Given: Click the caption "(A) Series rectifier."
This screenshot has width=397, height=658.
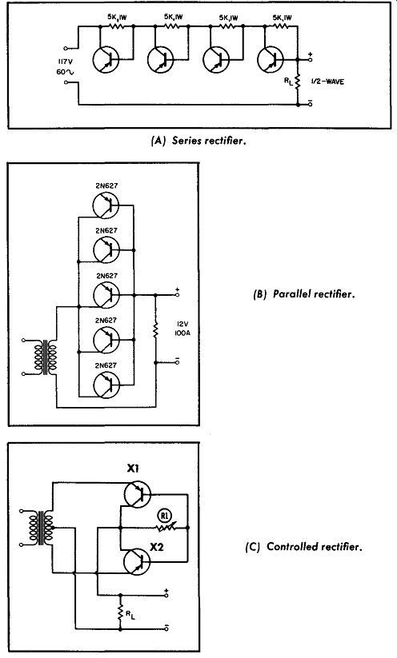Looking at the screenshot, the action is [x=198, y=141].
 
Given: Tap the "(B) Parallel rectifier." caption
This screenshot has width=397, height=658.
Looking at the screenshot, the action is [x=304, y=293].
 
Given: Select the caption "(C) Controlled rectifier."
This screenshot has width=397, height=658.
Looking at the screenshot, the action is [x=303, y=547].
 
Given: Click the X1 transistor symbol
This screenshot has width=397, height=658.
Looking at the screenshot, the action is [x=137, y=494].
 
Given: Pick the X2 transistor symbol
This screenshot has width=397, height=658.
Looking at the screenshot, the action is [x=137, y=561].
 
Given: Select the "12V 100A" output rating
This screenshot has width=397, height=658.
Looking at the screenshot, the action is [x=182, y=329].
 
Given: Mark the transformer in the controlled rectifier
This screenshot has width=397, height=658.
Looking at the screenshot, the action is [x=41, y=528].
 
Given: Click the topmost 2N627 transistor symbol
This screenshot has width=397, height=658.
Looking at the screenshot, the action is [x=106, y=205].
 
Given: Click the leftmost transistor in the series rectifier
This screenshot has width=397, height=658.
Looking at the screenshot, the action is [x=106, y=60].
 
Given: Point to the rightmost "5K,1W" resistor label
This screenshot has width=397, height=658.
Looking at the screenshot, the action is [x=282, y=18].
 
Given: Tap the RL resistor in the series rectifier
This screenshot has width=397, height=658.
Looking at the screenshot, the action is [x=298, y=82].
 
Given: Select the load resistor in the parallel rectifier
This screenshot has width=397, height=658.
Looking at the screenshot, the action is [x=156, y=329].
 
